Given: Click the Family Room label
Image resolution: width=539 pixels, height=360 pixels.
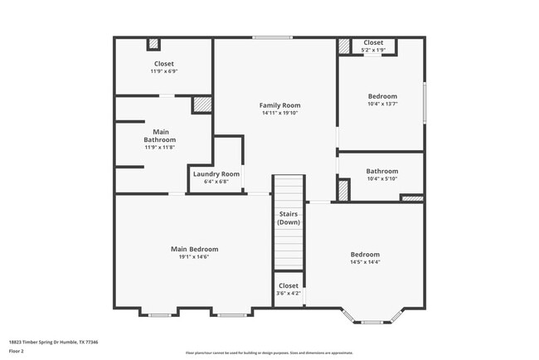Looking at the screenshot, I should click(x=279, y=105).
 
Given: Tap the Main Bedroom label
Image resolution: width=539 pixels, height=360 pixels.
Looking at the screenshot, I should click(x=194, y=249).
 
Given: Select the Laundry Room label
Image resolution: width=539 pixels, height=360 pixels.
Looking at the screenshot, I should click(x=216, y=173).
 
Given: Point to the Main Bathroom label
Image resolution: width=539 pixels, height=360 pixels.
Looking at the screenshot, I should click(x=161, y=135).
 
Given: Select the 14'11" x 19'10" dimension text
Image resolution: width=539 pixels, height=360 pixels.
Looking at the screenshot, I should click(x=279, y=113).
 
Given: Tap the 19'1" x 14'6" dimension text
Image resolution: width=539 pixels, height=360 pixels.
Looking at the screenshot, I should click(x=194, y=257).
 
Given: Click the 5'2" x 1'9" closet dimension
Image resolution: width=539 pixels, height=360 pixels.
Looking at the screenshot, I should click(x=373, y=51).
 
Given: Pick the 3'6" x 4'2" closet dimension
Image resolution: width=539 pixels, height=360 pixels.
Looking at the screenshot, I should click(x=289, y=293).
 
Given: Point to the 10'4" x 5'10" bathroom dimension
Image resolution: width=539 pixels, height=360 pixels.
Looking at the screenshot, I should click(x=382, y=179).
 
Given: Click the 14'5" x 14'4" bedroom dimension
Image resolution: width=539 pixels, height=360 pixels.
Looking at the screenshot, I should click(x=364, y=262).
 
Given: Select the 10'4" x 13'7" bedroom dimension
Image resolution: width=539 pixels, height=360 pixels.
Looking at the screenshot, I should click(x=382, y=104).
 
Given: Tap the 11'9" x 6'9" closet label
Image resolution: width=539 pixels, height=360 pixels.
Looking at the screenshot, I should click(x=163, y=71).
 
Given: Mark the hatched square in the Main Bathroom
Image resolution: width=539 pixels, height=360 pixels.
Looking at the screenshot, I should click(x=202, y=105).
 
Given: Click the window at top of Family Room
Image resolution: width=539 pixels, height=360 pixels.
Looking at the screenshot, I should click(x=272, y=37).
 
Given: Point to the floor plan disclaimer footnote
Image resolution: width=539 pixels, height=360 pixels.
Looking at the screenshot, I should click(x=269, y=353).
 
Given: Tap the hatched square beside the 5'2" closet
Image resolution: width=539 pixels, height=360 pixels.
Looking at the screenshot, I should click(x=344, y=46).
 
